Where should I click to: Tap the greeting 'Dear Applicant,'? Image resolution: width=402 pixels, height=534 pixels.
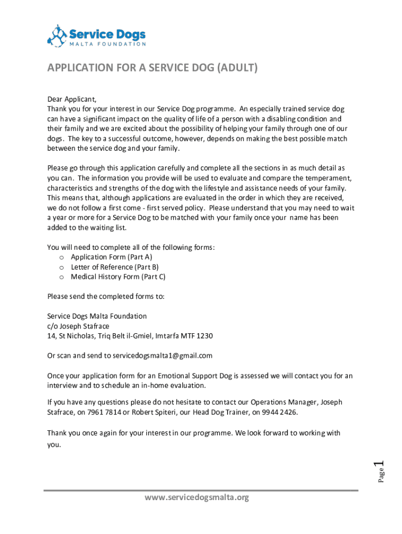[x=72, y=99]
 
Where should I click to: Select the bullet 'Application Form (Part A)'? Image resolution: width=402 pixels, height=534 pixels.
[x=111, y=257]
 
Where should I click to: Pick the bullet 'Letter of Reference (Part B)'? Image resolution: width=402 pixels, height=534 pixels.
[x=114, y=267]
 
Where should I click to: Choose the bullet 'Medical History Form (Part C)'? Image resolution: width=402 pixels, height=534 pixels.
[x=118, y=277]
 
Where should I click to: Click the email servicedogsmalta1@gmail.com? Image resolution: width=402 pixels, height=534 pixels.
[x=162, y=356]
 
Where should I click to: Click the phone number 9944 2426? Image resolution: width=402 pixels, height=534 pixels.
[x=280, y=412]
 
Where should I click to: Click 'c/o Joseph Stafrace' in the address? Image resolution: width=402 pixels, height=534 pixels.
[x=78, y=326]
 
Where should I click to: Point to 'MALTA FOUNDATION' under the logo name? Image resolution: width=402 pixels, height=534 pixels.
[x=108, y=44]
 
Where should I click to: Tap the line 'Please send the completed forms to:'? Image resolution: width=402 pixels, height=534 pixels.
[x=106, y=296]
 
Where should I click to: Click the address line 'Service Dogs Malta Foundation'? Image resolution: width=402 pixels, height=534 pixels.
[x=97, y=316]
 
